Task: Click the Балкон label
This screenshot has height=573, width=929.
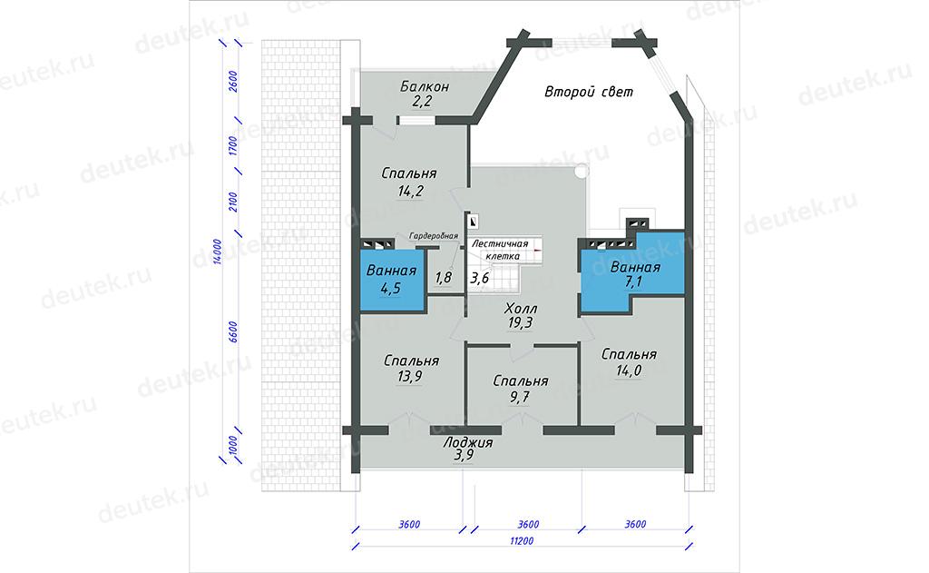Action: point(425,86)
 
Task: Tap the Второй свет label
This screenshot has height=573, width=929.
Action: point(589,92)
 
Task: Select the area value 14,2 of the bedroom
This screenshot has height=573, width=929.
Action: point(411,191)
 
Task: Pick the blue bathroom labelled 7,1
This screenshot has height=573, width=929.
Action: point(632,272)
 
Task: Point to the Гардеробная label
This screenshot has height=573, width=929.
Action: point(433,236)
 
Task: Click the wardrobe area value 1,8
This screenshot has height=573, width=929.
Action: point(443,278)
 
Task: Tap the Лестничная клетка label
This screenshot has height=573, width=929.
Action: point(501,250)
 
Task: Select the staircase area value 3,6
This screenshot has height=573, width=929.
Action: point(479,278)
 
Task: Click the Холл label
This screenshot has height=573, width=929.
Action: point(521,309)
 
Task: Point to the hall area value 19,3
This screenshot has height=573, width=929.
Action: point(520,322)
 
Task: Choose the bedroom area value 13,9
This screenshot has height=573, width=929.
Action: point(410,376)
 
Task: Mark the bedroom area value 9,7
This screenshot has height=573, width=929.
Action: point(520,397)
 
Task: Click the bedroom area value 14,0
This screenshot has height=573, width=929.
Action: point(629,370)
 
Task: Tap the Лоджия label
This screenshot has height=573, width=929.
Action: point(468,442)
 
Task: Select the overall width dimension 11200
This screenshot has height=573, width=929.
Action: point(522,541)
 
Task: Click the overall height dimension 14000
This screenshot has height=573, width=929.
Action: point(218,252)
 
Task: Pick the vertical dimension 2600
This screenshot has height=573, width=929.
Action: point(233,81)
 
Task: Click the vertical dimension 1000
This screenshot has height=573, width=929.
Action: point(233,446)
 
